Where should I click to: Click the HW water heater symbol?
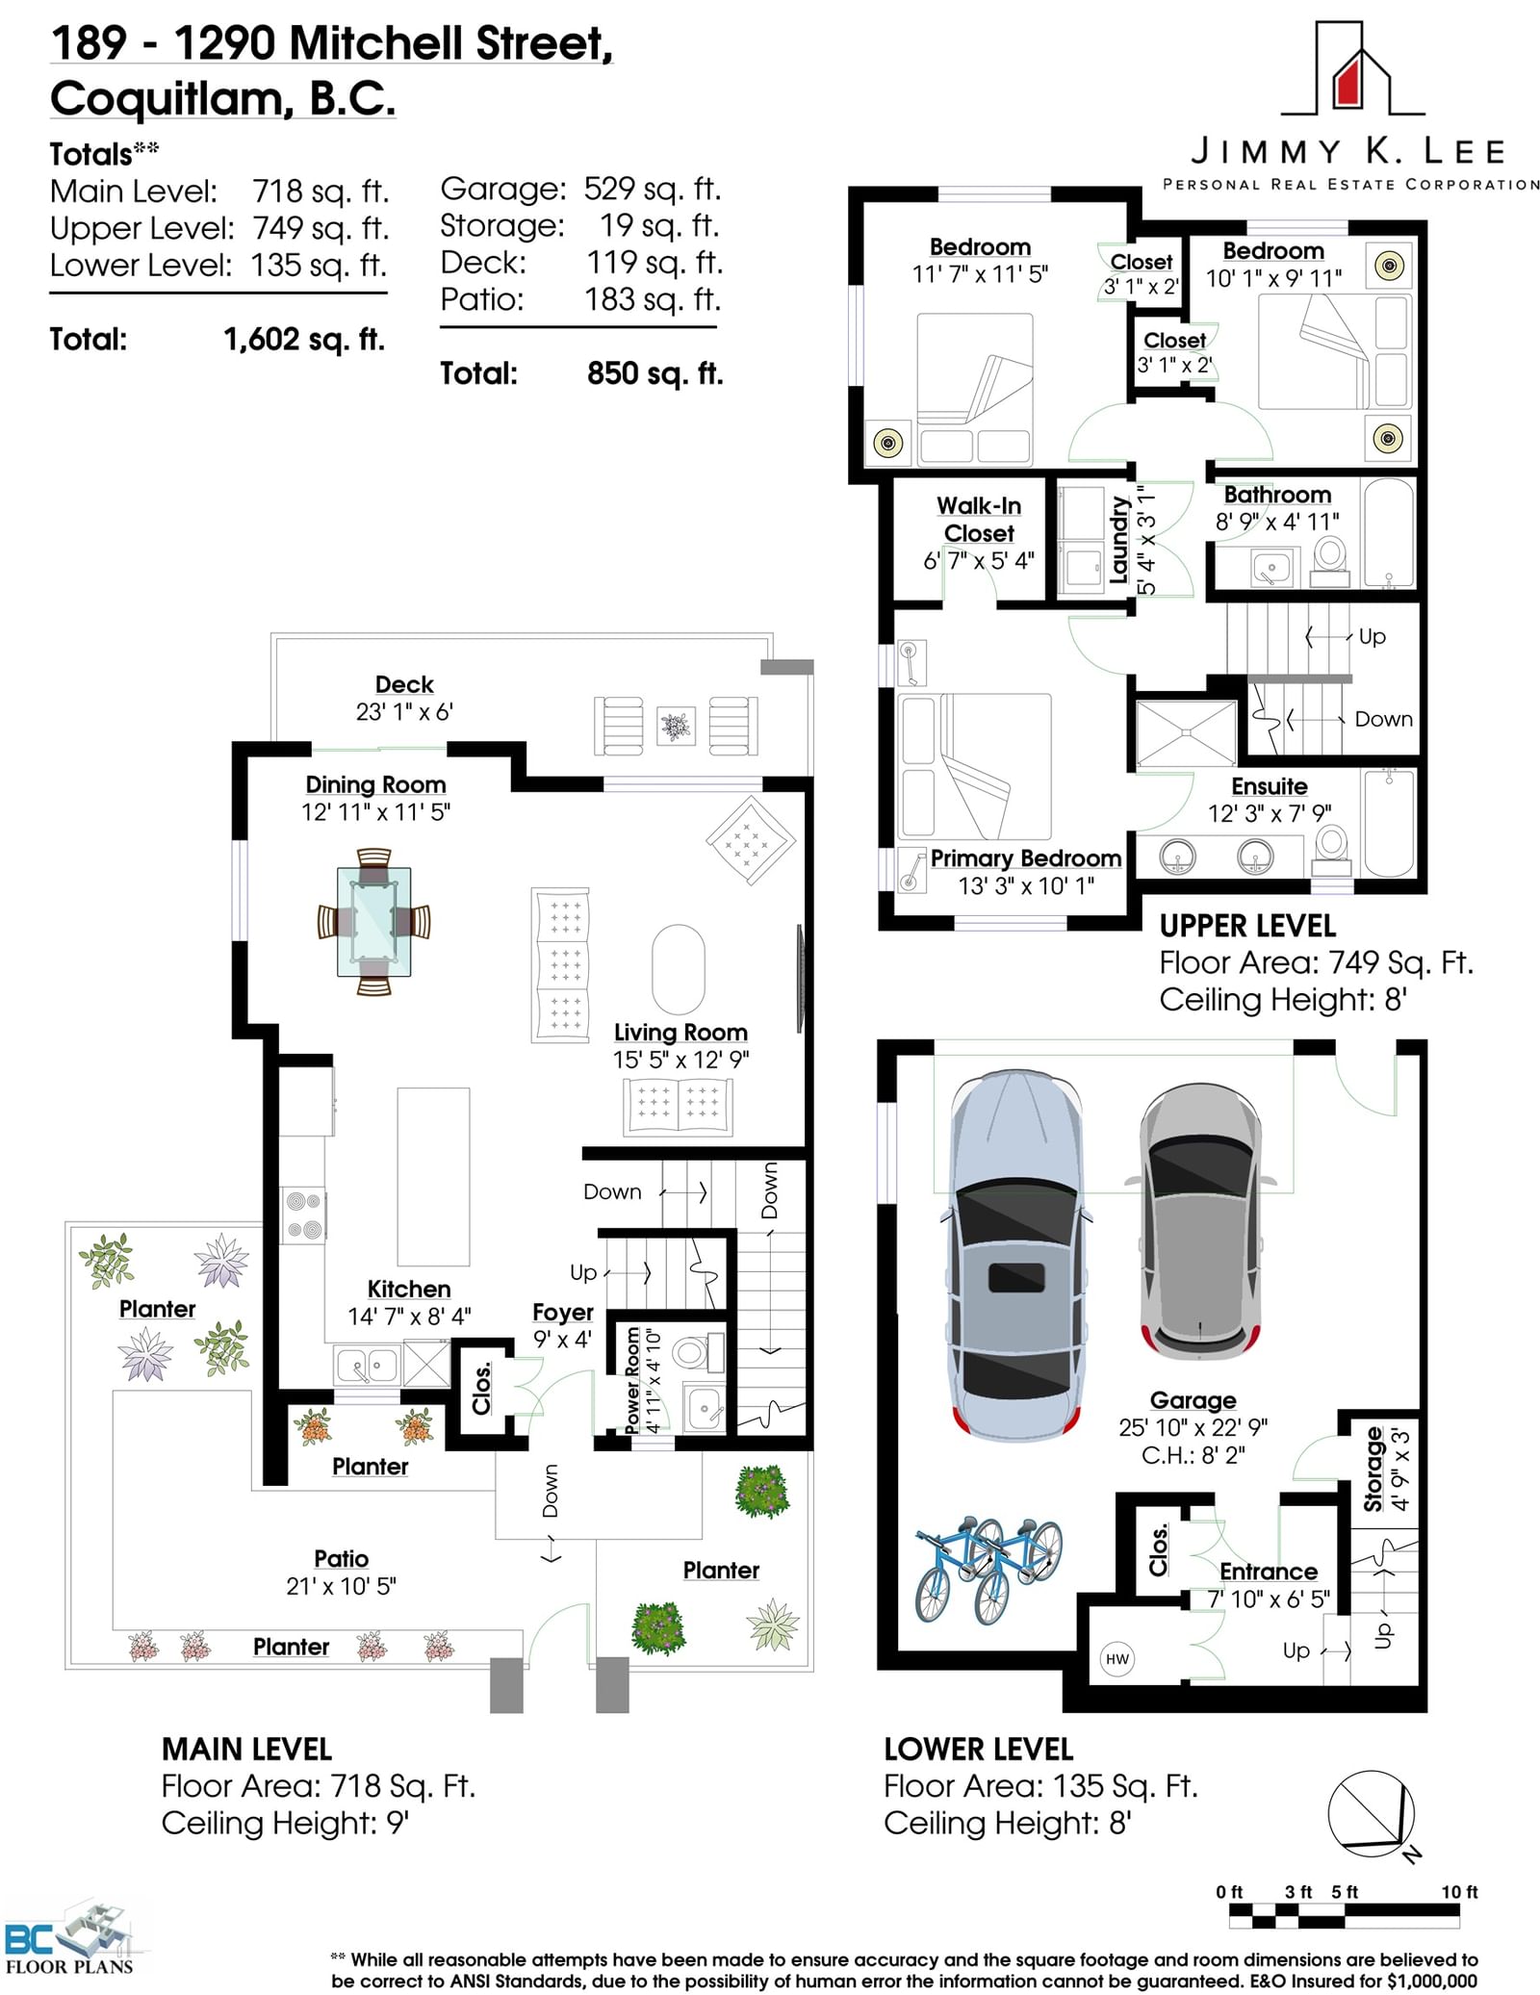click(1116, 1658)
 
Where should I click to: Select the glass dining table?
click(373, 921)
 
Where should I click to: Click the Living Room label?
click(680, 1032)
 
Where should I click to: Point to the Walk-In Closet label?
click(979, 520)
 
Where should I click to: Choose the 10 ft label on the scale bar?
click(1459, 1891)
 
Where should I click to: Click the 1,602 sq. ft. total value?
click(304, 340)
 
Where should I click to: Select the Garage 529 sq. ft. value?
click(653, 189)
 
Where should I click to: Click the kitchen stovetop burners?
click(303, 1215)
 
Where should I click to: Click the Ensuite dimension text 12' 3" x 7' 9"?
click(1270, 813)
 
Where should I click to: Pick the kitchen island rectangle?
click(433, 1176)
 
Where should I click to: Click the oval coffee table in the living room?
click(678, 969)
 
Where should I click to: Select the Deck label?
click(404, 684)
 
